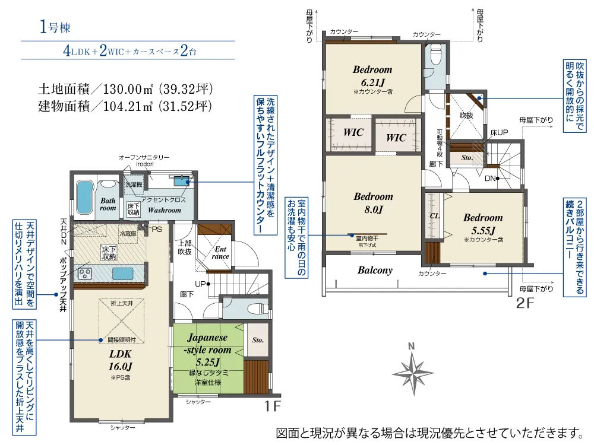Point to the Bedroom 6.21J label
pyautogui.click(x=372, y=76)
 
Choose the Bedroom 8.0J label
pyautogui.click(x=373, y=203)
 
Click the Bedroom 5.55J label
pyautogui.click(x=482, y=223)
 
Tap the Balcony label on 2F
pyautogui.click(x=375, y=271)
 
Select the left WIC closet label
pyautogui.click(x=353, y=133)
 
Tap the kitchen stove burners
pyautogui.click(x=84, y=274)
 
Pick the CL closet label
pyautogui.click(x=434, y=216)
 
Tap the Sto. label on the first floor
pyautogui.click(x=258, y=341)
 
